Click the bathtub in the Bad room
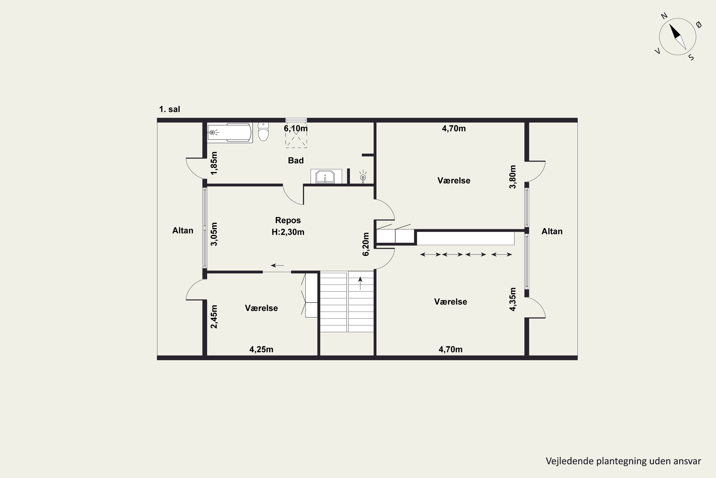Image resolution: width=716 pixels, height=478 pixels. click(230, 133)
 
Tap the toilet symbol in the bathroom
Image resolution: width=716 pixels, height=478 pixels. click(263, 132)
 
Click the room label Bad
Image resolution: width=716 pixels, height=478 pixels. click(296, 160)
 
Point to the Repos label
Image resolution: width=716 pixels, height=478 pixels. click(288, 220)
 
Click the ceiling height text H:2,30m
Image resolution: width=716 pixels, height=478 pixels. click(288, 232)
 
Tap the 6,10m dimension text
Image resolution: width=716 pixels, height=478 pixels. click(296, 128)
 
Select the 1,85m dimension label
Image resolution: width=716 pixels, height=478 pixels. click(214, 163)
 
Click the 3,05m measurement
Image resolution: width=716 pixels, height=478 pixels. click(214, 234)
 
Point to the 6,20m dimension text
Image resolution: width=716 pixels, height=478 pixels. click(366, 244)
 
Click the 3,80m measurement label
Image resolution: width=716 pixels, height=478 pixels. click(513, 177)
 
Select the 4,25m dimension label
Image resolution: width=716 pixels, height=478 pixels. click(261, 349)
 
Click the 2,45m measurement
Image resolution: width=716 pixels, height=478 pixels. click(214, 317)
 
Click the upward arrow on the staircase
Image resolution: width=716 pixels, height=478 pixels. click(360, 283)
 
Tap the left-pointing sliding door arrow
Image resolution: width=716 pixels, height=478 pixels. click(277, 266)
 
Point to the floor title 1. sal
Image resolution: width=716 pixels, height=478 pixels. click(169, 109)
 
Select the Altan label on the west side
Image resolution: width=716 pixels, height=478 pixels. click(183, 230)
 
